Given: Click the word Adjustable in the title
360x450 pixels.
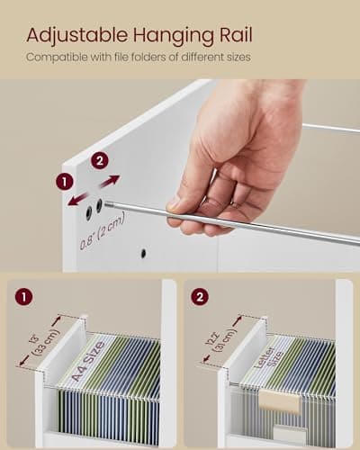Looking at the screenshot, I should pos(76,35).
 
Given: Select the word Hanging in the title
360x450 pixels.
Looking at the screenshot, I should pos(172,35).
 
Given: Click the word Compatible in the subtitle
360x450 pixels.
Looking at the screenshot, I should pos(57,58).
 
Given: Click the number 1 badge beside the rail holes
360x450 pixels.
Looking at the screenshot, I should pos(64,181).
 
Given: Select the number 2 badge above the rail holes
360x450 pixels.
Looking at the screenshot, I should pos(100,159).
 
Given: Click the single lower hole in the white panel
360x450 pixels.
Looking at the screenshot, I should pos(142,253).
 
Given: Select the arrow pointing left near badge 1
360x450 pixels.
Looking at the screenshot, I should pos(76,196).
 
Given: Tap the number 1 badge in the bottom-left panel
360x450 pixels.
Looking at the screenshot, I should pos(24,295).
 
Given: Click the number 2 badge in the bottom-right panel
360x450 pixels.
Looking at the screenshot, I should pos(201,295).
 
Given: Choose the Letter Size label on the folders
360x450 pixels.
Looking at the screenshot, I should pos(257,355).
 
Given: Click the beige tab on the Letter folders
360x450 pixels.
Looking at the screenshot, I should pos(278,400).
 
